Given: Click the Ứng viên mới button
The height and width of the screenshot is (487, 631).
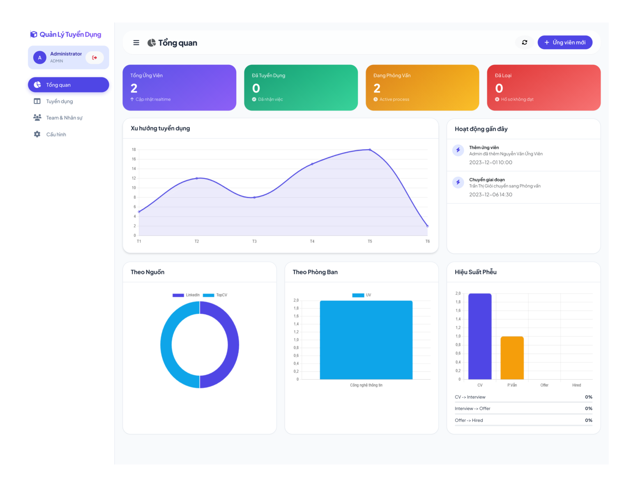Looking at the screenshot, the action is coord(565,42).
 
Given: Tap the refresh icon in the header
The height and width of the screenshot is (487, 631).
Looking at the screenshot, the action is coord(525,42).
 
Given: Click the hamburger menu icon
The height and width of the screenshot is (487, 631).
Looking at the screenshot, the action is coord(136,43).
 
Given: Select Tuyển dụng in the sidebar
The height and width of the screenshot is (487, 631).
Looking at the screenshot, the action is coord(59,101).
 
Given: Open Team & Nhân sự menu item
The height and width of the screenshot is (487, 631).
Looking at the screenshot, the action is coord(64,118).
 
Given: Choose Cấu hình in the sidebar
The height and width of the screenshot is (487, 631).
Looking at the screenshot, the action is coord(56,135).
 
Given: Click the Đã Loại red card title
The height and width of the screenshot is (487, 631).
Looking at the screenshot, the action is coord(503,75).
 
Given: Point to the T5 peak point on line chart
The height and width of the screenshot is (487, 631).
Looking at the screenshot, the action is coord(370,150).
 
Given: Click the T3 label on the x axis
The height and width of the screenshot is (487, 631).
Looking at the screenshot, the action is coord(254,241).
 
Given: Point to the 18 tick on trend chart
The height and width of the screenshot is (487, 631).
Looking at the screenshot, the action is coord(134,150).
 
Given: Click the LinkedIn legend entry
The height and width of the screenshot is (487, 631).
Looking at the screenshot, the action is coord(186,295).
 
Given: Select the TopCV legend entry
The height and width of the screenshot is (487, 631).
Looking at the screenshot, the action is coord(215,295).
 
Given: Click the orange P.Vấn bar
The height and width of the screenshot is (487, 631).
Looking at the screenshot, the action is coord(512,358).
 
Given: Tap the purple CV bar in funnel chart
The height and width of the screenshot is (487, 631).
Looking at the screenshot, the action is coord(480,336).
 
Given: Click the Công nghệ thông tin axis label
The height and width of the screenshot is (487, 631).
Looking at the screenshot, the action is coord(366,385).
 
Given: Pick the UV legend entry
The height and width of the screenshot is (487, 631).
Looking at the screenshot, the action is coord(362,295).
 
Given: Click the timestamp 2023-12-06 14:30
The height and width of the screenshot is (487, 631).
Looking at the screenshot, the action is coord(491,194).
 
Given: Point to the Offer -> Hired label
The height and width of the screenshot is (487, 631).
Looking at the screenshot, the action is coord(469,420).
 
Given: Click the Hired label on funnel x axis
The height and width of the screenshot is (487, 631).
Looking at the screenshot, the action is coord(576,385).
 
